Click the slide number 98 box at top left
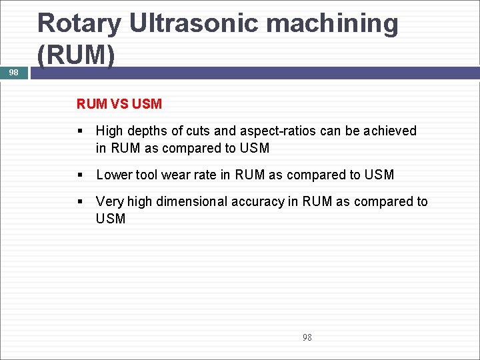(x=14, y=73)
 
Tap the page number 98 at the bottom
(x=307, y=337)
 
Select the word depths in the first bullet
(x=145, y=131)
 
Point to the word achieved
(x=390, y=131)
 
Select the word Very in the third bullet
(x=109, y=202)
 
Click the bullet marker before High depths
(x=80, y=131)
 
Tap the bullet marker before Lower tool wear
(x=80, y=175)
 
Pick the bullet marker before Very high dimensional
(x=80, y=202)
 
